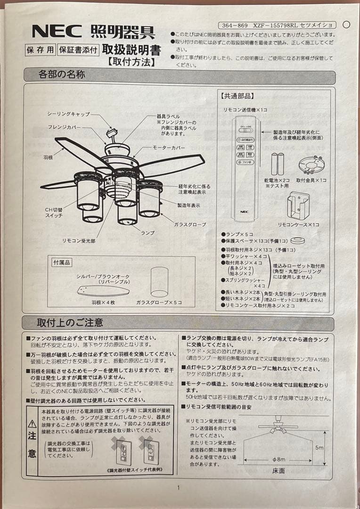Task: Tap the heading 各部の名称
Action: (x=62, y=74)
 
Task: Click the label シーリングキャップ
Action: (x=68, y=115)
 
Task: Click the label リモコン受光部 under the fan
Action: (x=78, y=240)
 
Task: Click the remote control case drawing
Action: (x=298, y=205)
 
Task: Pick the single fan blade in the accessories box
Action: (x=103, y=290)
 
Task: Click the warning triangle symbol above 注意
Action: (x=32, y=424)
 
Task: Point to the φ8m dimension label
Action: (x=279, y=459)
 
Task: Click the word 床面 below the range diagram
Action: (x=278, y=470)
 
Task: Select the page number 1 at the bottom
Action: (x=178, y=487)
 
